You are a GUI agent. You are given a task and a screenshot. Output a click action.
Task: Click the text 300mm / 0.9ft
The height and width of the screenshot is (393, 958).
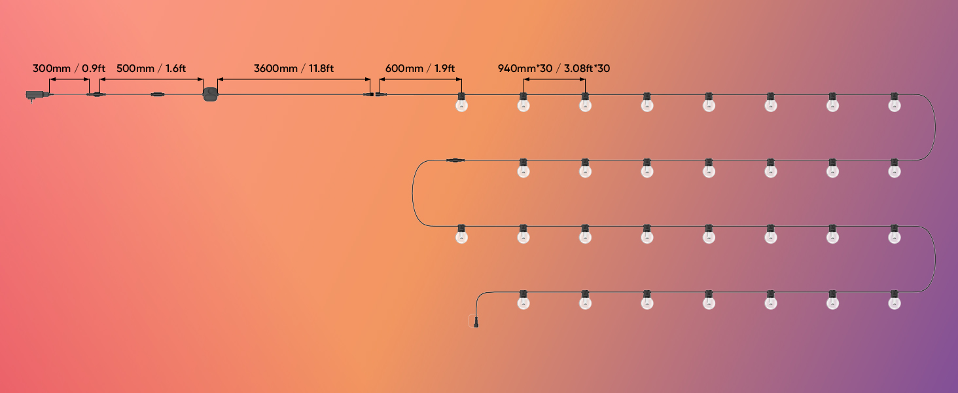tap(69, 68)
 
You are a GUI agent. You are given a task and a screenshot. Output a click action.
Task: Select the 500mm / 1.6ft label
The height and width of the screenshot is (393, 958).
tap(151, 68)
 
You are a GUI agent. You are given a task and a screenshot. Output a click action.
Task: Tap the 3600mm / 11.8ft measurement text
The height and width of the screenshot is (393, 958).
tap(294, 68)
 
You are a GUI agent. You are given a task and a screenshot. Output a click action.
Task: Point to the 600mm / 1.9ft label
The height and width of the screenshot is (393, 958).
tap(420, 68)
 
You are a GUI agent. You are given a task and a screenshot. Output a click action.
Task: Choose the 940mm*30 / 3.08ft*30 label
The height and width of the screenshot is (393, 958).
tap(554, 68)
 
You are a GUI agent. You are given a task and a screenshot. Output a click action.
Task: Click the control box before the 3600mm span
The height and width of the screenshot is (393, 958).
tap(210, 94)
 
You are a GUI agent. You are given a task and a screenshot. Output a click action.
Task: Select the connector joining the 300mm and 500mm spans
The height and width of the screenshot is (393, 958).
tap(96, 96)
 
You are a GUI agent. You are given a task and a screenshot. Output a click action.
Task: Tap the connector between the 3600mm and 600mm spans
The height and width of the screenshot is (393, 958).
tap(375, 96)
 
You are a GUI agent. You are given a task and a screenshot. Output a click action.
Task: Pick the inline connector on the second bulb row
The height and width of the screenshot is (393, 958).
tap(454, 160)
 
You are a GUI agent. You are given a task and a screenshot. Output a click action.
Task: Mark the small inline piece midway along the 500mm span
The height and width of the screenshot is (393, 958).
tap(157, 96)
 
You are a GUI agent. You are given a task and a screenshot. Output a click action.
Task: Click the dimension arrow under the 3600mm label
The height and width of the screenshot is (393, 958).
tap(294, 80)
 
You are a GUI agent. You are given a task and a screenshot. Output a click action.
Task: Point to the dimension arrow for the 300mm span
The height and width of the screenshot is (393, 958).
tap(69, 80)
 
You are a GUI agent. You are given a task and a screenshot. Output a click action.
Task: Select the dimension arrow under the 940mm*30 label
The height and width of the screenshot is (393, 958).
tap(554, 80)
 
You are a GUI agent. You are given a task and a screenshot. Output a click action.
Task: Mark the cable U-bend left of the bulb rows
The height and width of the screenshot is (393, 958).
tap(413, 193)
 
